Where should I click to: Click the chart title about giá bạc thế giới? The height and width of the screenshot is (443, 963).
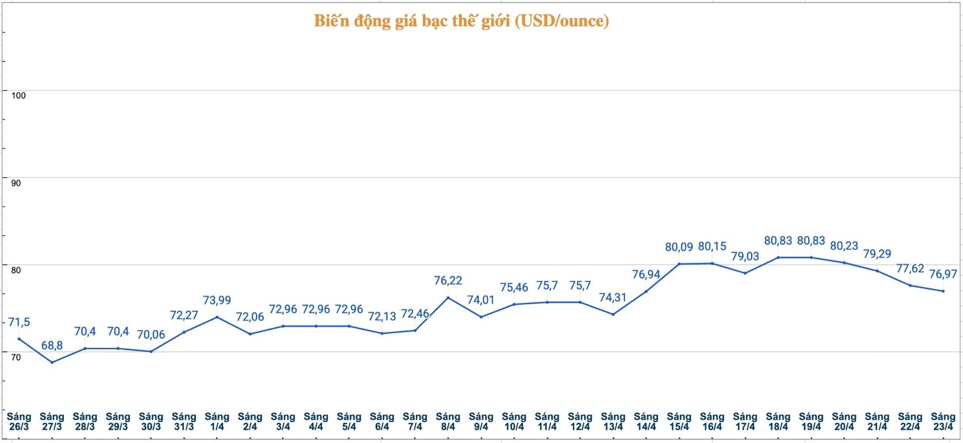(x=461, y=21)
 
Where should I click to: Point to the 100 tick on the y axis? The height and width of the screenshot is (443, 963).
(x=18, y=96)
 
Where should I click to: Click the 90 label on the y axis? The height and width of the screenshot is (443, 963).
(x=16, y=183)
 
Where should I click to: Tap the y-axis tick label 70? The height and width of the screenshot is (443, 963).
(x=16, y=357)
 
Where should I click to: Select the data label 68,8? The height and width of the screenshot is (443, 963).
(x=52, y=345)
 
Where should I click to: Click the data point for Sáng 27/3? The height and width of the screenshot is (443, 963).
(x=52, y=362)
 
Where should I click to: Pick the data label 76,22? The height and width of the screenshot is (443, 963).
(x=448, y=281)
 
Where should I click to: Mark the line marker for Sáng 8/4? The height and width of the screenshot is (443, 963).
(x=448, y=297)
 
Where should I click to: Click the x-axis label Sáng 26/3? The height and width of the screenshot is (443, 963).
(x=19, y=421)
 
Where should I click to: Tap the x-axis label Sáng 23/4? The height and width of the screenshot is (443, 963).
(x=942, y=421)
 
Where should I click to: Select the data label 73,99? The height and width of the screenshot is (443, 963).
(x=217, y=300)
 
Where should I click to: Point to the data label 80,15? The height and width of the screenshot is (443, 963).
(x=712, y=246)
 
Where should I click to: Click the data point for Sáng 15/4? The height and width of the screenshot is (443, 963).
(x=679, y=263)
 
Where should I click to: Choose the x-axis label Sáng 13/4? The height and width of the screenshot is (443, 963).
(x=613, y=421)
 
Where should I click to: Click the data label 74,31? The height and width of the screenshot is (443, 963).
(x=613, y=298)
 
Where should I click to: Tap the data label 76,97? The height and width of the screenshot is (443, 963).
(x=942, y=274)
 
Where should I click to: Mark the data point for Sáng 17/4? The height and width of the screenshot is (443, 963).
(x=745, y=273)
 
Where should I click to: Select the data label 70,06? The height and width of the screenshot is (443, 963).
(x=151, y=335)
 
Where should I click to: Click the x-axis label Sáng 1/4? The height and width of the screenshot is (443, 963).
(x=217, y=421)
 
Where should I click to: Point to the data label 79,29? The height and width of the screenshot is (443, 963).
(x=877, y=254)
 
